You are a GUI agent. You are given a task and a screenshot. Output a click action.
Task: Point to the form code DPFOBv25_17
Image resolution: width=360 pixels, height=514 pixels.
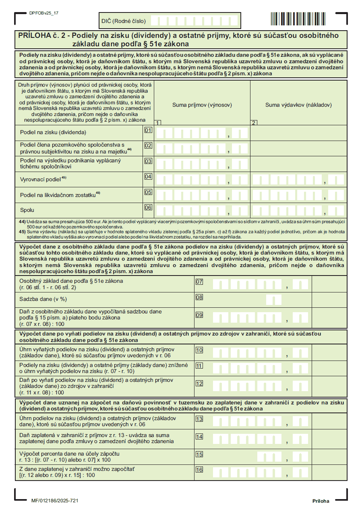[44, 13]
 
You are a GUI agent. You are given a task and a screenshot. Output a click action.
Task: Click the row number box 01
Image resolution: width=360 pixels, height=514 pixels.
[148, 131]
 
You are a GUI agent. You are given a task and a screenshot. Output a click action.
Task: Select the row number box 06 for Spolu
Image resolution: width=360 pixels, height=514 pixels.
[148, 208]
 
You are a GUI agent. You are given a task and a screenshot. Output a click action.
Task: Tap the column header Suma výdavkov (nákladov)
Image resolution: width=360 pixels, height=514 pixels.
[298, 105]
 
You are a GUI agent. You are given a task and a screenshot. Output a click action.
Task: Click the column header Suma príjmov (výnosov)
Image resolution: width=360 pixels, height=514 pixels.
[202, 105]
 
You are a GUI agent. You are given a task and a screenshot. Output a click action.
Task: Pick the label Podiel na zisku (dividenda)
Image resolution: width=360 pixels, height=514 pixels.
[53, 132]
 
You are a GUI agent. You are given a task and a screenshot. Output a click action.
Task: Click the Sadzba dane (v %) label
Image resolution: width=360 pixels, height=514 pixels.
[43, 300]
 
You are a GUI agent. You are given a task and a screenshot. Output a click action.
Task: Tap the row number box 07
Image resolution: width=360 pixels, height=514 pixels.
[199, 282]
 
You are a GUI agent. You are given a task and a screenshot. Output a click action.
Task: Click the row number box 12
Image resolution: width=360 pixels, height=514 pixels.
[199, 383]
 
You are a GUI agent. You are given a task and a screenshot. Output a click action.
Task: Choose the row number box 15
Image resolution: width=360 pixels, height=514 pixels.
[199, 454]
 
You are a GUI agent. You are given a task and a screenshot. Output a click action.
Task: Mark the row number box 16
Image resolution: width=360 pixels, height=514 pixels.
[199, 470]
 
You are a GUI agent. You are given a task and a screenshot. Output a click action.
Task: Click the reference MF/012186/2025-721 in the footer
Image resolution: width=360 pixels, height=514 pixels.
[55, 501]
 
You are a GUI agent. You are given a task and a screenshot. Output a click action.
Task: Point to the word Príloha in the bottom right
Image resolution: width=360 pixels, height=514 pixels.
[321, 501]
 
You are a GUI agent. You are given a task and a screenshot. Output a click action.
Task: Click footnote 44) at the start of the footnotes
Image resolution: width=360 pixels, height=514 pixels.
[23, 222]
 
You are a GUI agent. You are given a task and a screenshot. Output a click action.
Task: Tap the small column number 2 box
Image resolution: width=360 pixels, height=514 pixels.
[254, 122]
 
